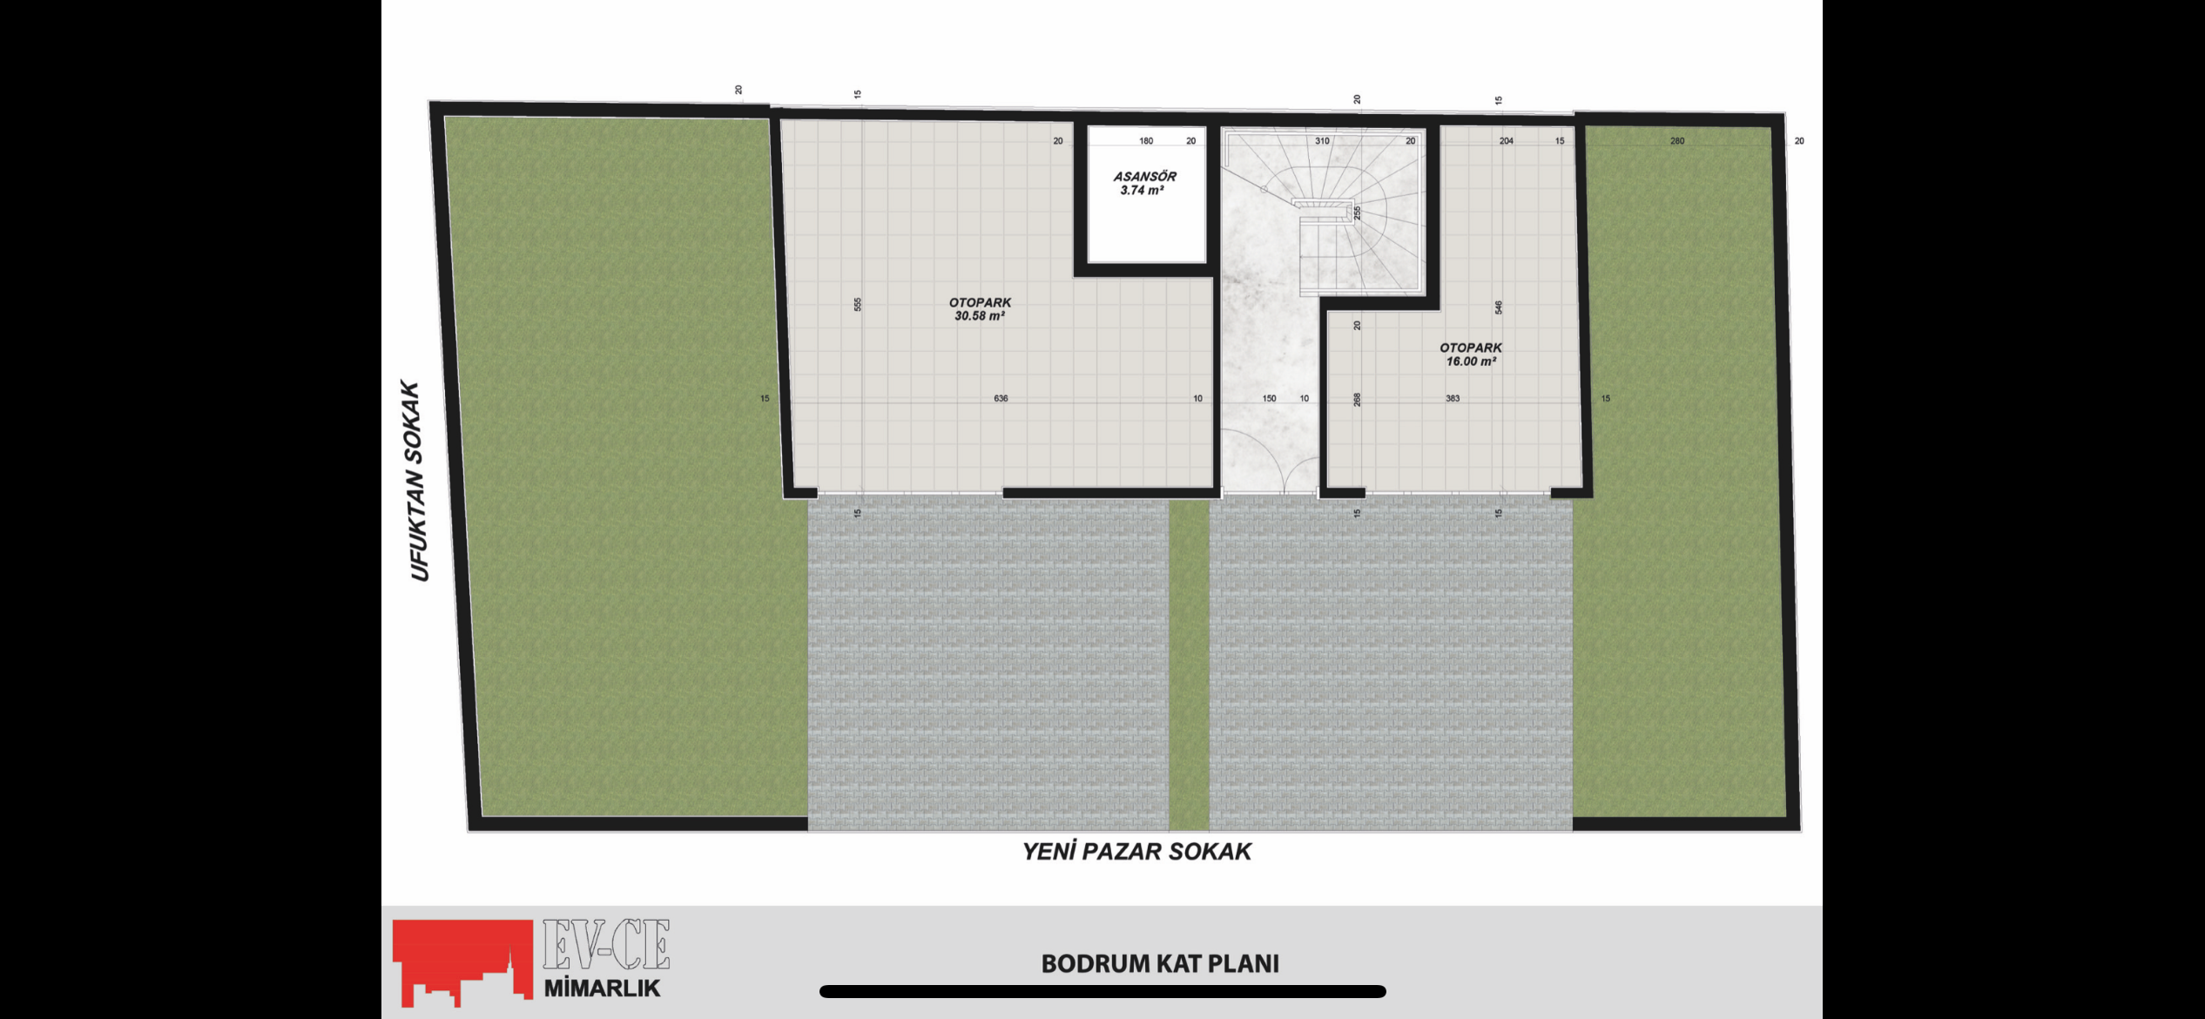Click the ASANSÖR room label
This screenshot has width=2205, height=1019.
[x=1144, y=176]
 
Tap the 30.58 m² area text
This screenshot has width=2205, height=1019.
[x=980, y=316]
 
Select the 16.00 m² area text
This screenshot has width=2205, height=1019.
[x=1471, y=361]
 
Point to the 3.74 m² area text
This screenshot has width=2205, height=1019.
[x=1143, y=190]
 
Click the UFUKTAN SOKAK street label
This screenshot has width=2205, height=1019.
[x=415, y=481]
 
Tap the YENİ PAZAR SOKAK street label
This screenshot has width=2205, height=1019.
[x=1136, y=852]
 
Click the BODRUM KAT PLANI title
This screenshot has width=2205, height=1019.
[x=1160, y=964]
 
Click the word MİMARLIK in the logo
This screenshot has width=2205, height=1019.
[x=602, y=989]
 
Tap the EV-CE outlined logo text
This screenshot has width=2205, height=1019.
[x=606, y=945]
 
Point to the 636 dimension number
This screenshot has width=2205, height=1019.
[x=1001, y=399]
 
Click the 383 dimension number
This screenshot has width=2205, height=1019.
[x=1453, y=399]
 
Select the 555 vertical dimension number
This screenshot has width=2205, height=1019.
[x=858, y=305]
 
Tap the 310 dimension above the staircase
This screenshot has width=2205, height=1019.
[x=1322, y=141]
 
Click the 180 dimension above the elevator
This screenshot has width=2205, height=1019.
[x=1146, y=141]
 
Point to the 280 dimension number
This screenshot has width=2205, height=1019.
[x=1677, y=141]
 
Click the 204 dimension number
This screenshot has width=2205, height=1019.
[x=1506, y=141]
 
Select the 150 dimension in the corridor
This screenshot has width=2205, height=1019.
[x=1269, y=399]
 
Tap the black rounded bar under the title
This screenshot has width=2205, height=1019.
[x=1102, y=991]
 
